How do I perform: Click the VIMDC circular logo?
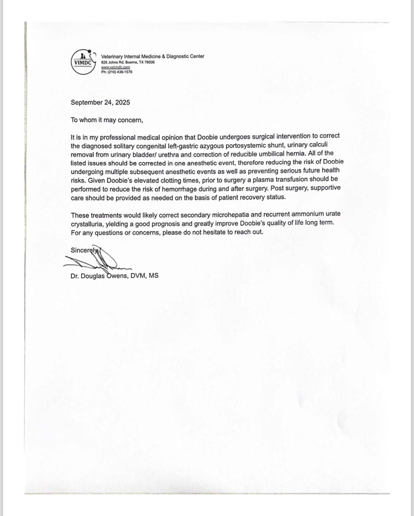pyautogui.click(x=83, y=62)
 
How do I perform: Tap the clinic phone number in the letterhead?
pyautogui.click(x=117, y=72)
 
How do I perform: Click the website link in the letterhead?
pyautogui.click(x=116, y=67)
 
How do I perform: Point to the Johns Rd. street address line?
pyautogui.click(x=128, y=62)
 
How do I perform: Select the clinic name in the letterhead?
pyautogui.click(x=152, y=56)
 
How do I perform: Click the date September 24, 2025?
pyautogui.click(x=100, y=102)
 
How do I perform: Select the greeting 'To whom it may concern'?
pyautogui.click(x=107, y=120)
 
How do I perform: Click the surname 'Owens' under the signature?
pyautogui.click(x=117, y=276)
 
